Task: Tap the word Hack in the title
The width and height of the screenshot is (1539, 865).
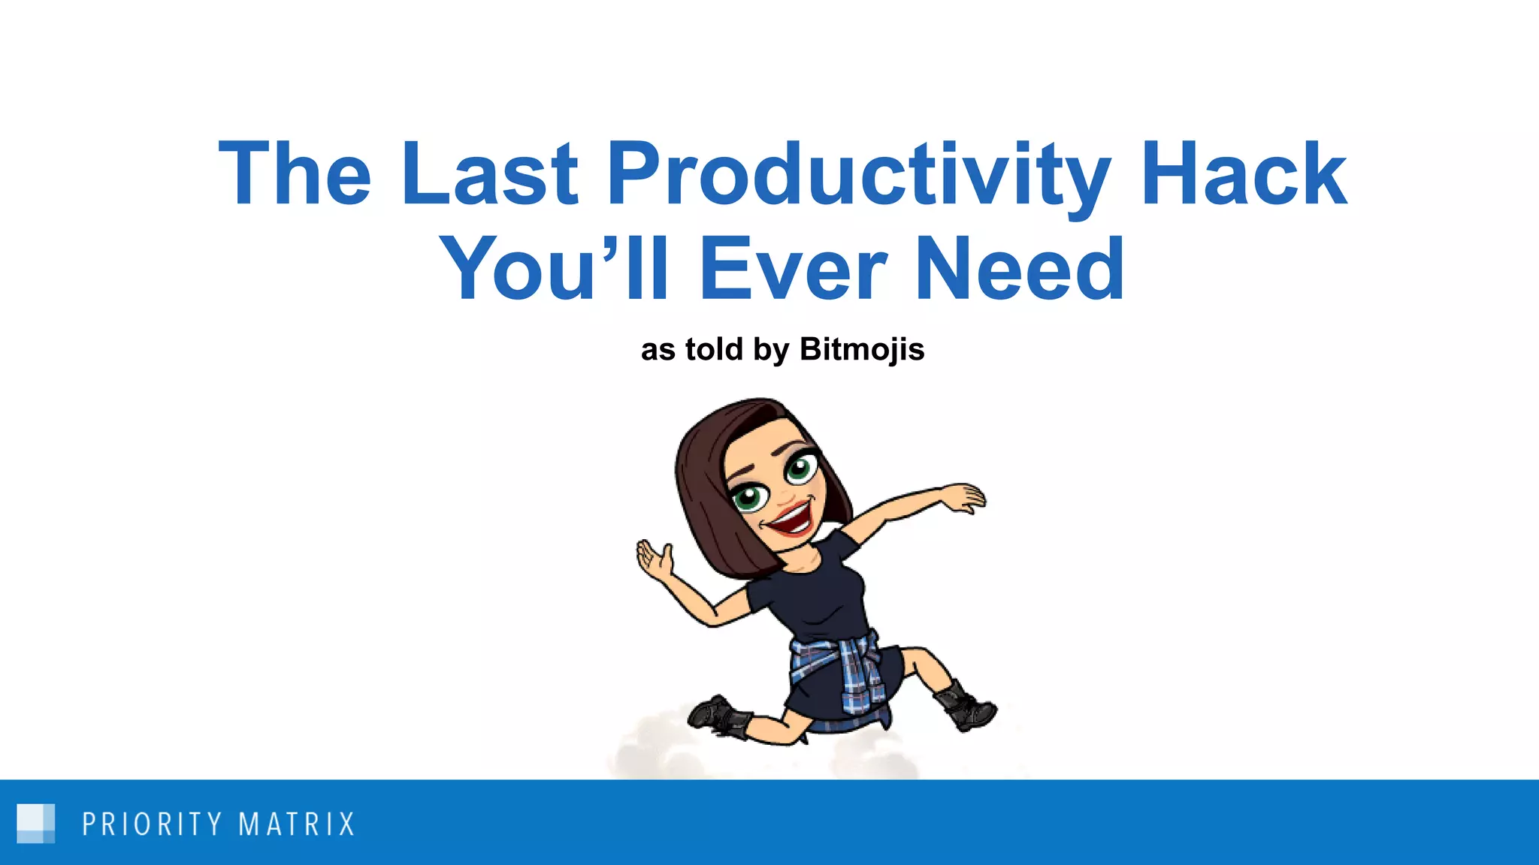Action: pos(1243,174)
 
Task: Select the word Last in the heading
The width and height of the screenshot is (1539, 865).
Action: pos(489,174)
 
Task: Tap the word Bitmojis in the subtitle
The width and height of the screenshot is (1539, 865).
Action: pos(862,349)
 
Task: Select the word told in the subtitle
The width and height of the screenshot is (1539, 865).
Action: pos(714,349)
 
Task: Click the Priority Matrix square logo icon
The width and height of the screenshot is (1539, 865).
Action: pos(35,823)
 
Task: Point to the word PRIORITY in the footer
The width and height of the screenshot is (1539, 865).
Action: pos(152,824)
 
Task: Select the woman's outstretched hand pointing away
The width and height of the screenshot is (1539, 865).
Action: pos(963,497)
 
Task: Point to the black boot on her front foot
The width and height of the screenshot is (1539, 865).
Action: pos(966,706)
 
